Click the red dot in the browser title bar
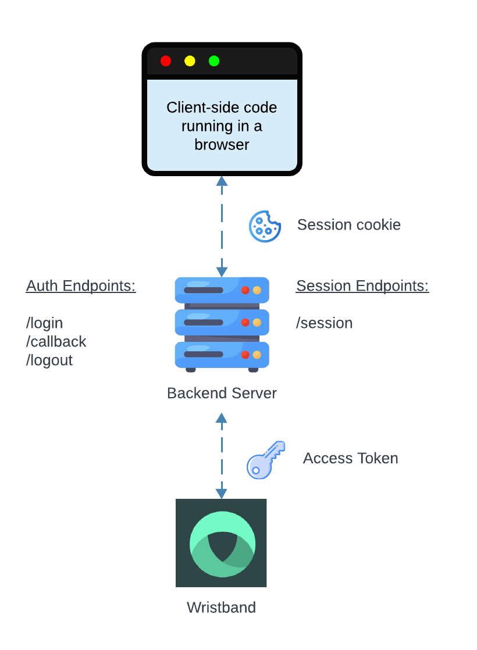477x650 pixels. click(166, 61)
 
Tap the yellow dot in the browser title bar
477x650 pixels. click(190, 61)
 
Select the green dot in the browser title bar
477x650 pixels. click(214, 61)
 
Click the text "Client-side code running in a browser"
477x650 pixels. click(222, 126)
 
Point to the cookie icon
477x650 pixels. click(265, 226)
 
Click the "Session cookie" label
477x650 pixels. click(348, 225)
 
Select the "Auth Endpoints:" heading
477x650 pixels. click(81, 286)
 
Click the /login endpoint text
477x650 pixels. click(44, 323)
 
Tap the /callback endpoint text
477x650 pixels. click(56, 341)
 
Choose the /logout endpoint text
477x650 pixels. click(49, 360)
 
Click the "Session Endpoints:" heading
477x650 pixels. click(362, 286)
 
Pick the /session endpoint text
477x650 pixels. click(325, 323)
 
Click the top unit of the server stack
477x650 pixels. click(222, 290)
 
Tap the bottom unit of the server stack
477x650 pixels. click(222, 354)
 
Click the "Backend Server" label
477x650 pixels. click(222, 393)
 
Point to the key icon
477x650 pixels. click(266, 459)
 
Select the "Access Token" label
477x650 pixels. click(350, 458)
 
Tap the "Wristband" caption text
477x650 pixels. click(221, 608)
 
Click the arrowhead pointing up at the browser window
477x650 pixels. click(222, 181)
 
